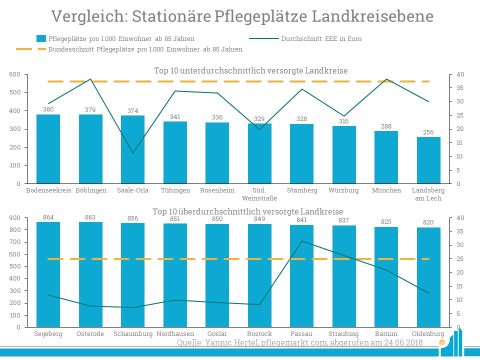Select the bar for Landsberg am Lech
click(x=428, y=160)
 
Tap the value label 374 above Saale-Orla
click(x=132, y=111)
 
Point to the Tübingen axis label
click(x=175, y=190)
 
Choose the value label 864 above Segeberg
click(x=48, y=217)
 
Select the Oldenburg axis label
click(x=428, y=334)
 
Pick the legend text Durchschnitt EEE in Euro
click(x=321, y=38)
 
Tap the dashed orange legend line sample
click(x=30, y=49)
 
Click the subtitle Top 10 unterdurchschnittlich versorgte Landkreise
click(x=250, y=70)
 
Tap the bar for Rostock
click(x=259, y=275)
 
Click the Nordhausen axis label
click(x=175, y=334)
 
